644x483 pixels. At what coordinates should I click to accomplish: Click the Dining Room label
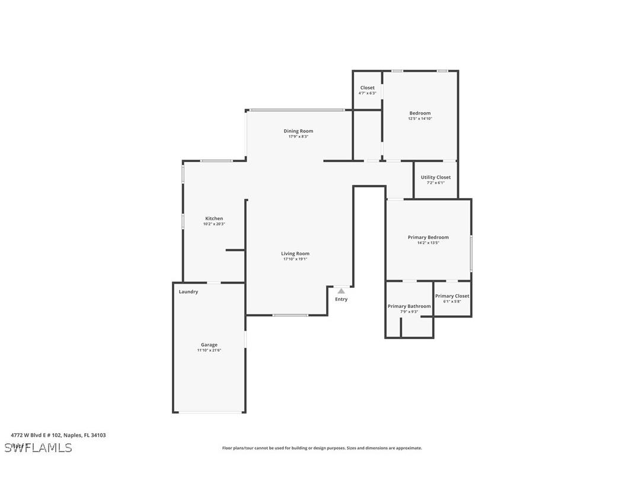coord(298,131)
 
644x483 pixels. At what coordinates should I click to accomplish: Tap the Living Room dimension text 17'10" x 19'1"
coord(295,259)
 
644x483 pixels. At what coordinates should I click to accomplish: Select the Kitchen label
coord(214,218)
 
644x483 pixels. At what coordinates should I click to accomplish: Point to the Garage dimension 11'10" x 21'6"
coord(209,350)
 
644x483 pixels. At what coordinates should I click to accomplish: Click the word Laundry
coord(189,292)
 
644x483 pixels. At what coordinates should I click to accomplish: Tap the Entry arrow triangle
coord(341,291)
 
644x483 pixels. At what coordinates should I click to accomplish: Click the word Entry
coord(341,299)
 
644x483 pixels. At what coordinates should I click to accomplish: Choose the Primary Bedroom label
coord(428,237)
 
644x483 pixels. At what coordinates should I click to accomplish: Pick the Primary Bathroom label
coord(409,306)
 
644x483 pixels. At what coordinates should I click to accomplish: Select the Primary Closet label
coord(452,296)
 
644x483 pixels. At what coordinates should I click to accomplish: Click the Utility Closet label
coord(435,177)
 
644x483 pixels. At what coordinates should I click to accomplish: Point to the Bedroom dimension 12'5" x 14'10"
coord(420,119)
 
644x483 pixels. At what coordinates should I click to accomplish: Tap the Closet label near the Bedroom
coord(367,88)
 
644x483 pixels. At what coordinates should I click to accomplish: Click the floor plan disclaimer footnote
coord(322,448)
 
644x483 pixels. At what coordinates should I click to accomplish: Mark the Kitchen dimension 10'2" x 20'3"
coord(214,224)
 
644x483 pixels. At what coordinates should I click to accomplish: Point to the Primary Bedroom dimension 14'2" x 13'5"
coord(428,243)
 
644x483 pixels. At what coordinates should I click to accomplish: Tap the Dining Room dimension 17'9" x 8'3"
coord(298,136)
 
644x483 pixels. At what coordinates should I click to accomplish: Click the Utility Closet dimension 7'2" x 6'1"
coord(435,183)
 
